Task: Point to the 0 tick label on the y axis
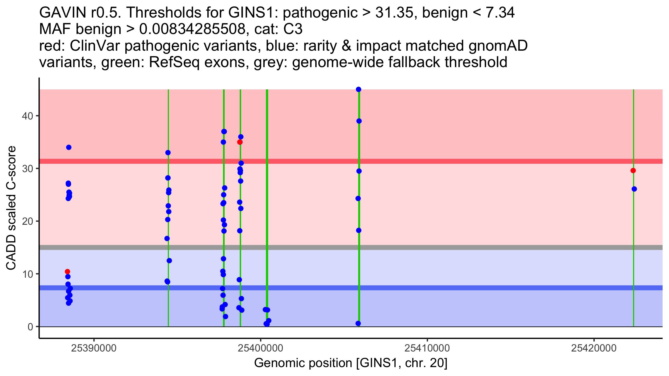pos(30,327)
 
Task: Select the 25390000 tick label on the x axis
pos(94,348)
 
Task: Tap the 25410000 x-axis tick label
pos(427,348)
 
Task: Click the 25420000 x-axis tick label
pos(594,348)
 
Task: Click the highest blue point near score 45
pos(358,89)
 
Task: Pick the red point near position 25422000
pos(633,170)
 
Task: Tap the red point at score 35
pos(240,142)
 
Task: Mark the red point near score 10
pos(67,272)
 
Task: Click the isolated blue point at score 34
pos(69,147)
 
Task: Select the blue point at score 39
pos(359,121)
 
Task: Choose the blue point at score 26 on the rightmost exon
pos(634,189)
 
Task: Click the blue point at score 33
pos(168,153)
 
